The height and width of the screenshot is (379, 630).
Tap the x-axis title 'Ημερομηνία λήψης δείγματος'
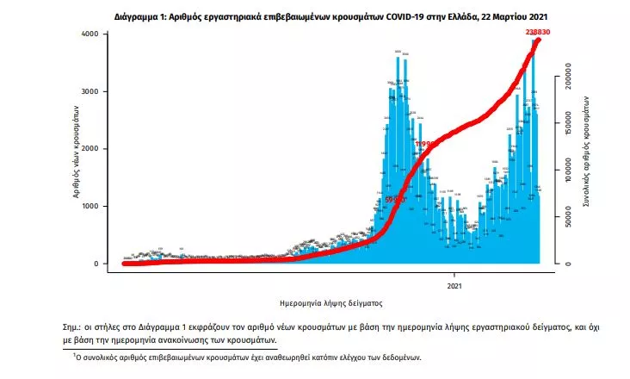(331, 304)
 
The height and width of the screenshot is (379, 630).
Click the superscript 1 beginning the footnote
(76, 353)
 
